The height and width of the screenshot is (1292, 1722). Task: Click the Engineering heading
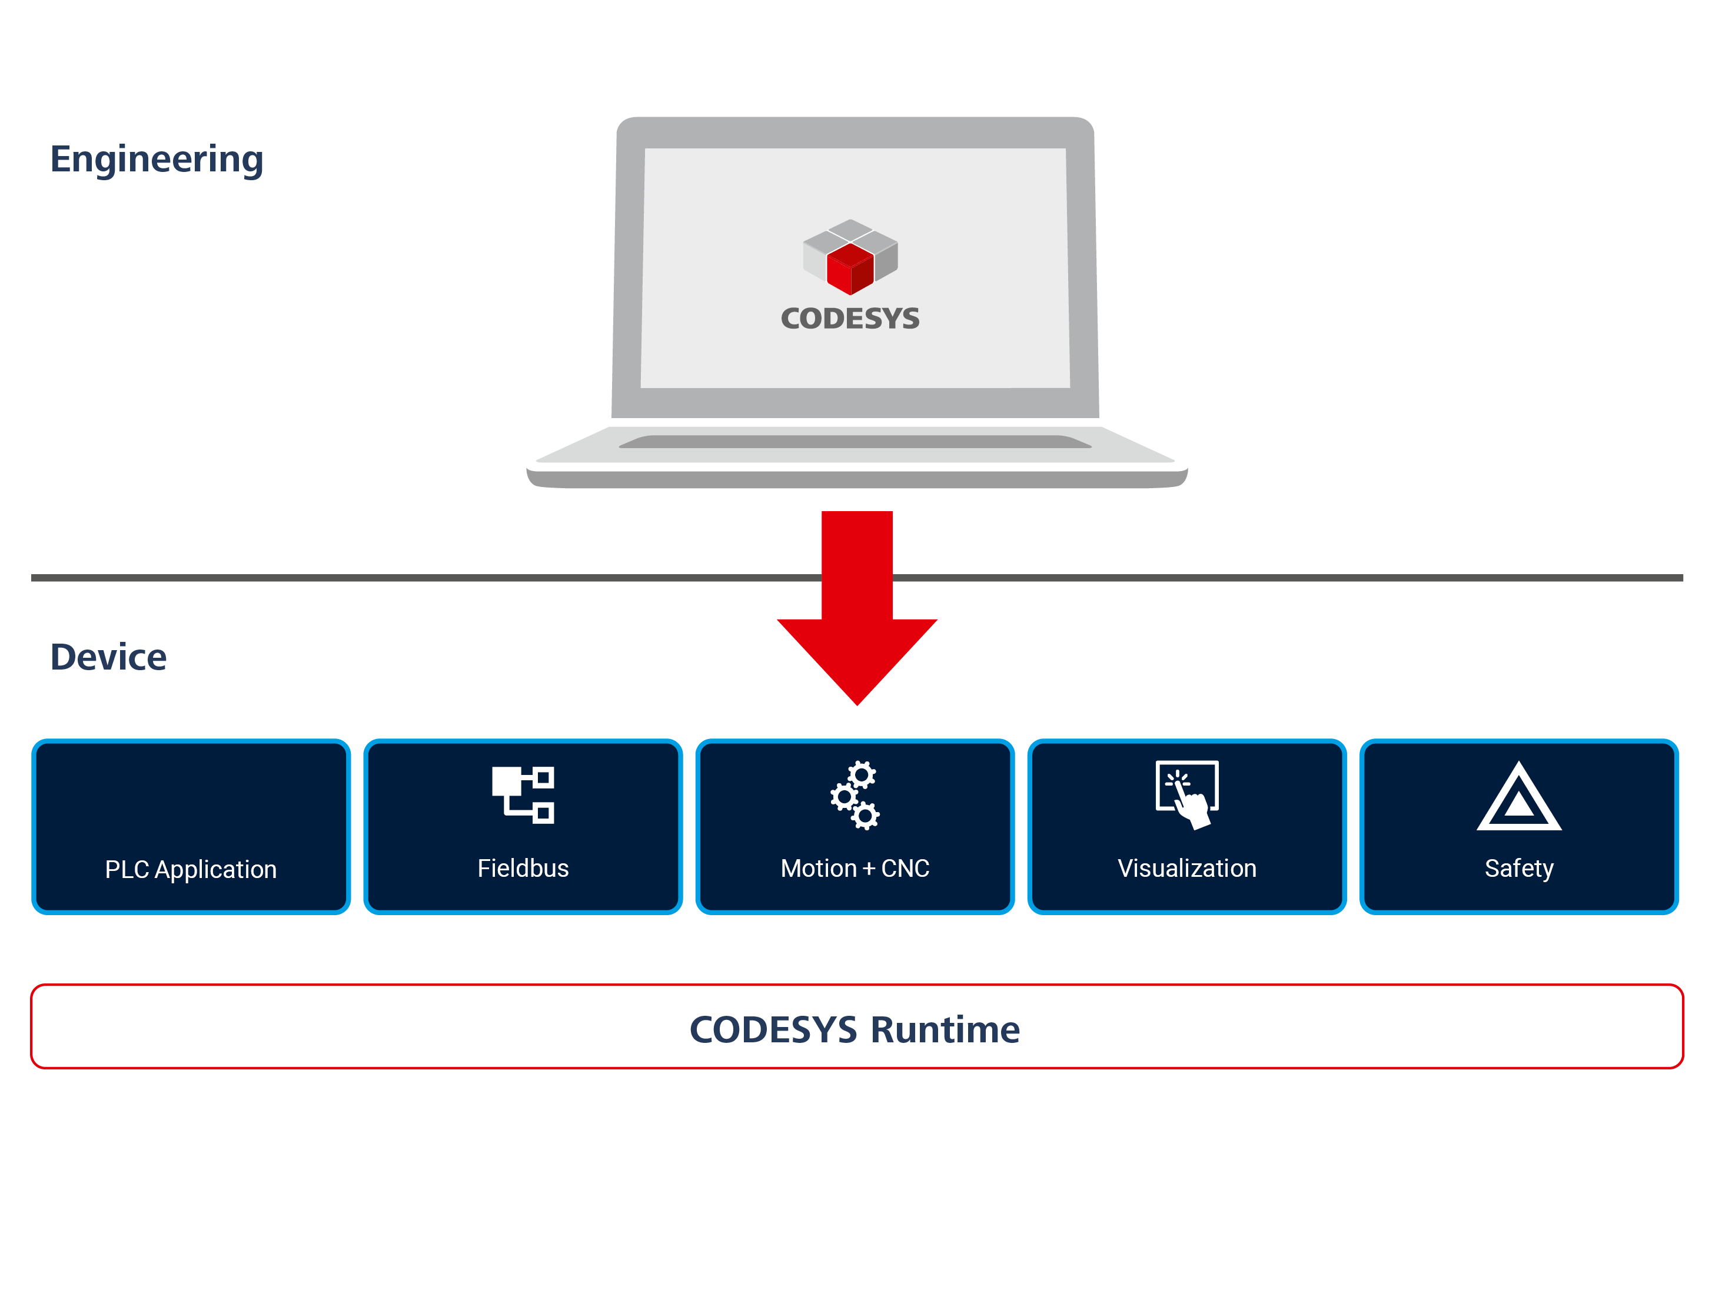point(157,160)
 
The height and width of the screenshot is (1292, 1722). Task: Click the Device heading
point(108,657)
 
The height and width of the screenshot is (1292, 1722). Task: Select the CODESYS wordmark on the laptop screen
point(850,319)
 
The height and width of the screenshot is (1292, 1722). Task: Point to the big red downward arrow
point(857,615)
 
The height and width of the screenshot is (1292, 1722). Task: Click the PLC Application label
point(191,869)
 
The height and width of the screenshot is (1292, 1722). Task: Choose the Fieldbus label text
point(523,869)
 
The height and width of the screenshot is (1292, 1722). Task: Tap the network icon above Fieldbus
point(523,794)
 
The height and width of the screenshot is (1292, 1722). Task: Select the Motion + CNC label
point(855,869)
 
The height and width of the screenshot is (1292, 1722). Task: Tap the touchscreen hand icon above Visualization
point(1187,795)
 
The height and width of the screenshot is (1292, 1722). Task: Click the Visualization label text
point(1187,869)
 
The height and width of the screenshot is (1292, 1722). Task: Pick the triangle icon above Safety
point(1519,799)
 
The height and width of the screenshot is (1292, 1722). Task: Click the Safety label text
point(1519,869)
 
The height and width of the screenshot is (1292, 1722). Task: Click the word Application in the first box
point(215,870)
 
